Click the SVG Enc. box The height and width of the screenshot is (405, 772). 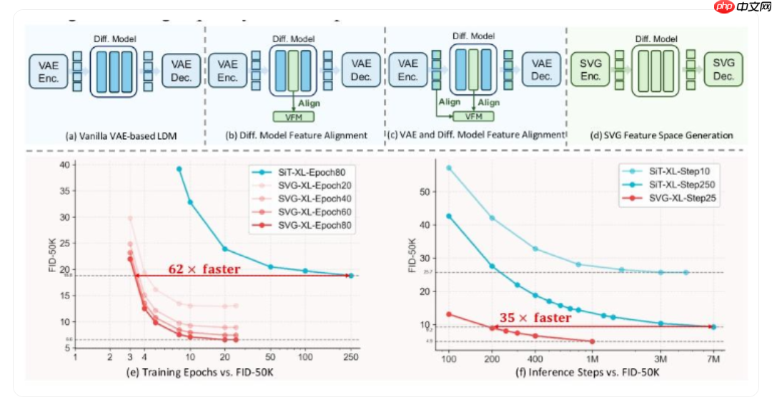590,70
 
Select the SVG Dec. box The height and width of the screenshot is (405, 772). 723,70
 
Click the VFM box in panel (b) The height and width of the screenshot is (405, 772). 293,116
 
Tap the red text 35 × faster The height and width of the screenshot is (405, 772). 535,318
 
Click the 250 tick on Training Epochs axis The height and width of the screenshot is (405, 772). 350,356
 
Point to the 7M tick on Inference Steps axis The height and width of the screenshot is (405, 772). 713,356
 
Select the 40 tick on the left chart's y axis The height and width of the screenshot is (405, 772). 65,165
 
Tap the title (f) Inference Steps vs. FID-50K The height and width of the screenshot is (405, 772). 580,372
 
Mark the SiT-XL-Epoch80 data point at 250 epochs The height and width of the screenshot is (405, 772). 351,275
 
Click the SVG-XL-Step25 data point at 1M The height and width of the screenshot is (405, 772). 593,341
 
